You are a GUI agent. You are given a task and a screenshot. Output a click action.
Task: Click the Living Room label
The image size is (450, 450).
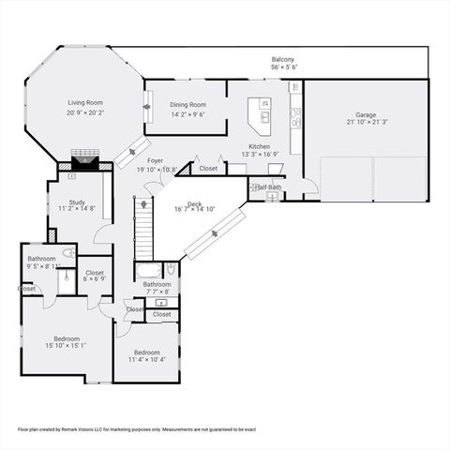coord(84,102)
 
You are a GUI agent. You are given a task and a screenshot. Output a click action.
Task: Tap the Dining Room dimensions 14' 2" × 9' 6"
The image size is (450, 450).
coord(187,114)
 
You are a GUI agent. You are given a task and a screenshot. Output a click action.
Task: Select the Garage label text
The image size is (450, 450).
coord(366,114)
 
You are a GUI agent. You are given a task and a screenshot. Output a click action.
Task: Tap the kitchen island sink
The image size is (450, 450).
coord(265,117)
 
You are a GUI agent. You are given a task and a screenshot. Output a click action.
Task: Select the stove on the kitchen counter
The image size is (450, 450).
coord(295,117)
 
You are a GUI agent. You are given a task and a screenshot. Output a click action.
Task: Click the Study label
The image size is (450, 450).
coord(77,202)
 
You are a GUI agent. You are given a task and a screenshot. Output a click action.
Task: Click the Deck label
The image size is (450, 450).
coord(194,203)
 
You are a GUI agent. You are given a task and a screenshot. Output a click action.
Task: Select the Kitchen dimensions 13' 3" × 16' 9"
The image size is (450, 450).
coord(260,155)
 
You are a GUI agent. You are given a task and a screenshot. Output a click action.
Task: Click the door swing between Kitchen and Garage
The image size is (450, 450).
coord(309,187)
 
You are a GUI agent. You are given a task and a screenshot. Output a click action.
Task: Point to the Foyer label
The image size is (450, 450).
coord(155,160)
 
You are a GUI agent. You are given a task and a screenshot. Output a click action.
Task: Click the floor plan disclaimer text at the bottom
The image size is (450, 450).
coord(137,428)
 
